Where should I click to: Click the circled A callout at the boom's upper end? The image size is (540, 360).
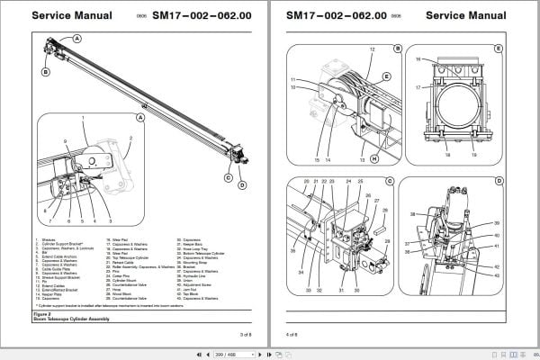point(77,38)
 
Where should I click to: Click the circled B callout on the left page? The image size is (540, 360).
point(45,69)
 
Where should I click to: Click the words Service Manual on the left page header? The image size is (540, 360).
point(71,16)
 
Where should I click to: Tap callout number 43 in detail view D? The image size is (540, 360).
point(496,274)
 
